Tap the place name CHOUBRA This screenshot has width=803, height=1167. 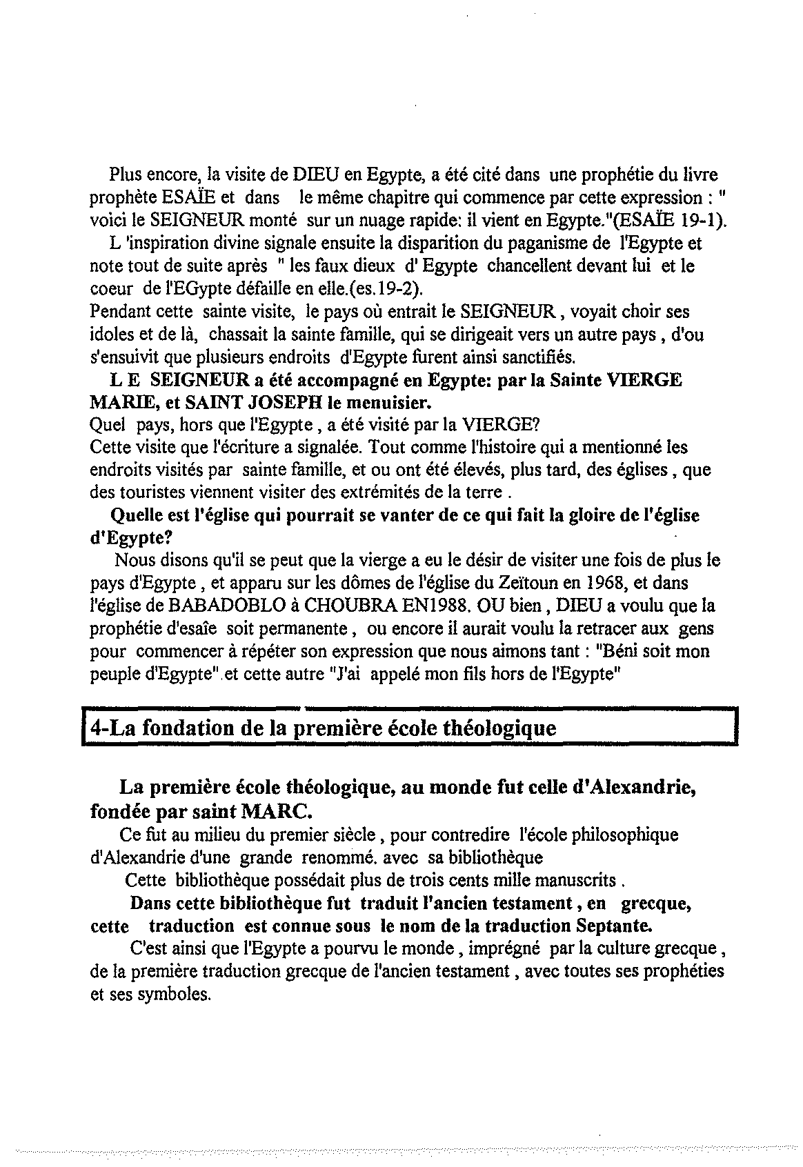point(352,606)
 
